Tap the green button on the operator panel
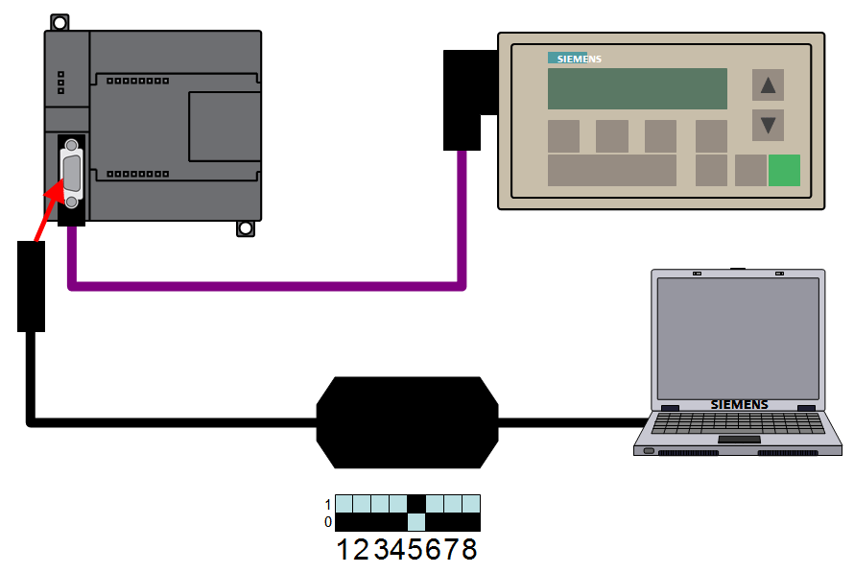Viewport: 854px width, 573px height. click(x=784, y=170)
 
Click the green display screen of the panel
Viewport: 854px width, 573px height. click(x=637, y=88)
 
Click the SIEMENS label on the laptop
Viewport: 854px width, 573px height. click(x=739, y=404)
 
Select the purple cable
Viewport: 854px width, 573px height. click(x=269, y=284)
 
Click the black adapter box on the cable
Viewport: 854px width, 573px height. click(x=407, y=422)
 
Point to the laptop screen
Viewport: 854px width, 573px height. click(x=737, y=337)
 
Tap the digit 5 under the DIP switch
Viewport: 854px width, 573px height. click(x=415, y=551)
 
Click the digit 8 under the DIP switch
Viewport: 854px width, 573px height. click(x=469, y=551)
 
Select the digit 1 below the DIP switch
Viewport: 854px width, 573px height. click(x=345, y=551)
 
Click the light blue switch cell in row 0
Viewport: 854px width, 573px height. click(x=416, y=522)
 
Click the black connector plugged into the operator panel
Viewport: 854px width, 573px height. click(x=462, y=100)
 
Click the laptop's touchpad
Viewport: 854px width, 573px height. click(x=738, y=440)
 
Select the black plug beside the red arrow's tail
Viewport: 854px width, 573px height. click(x=32, y=286)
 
